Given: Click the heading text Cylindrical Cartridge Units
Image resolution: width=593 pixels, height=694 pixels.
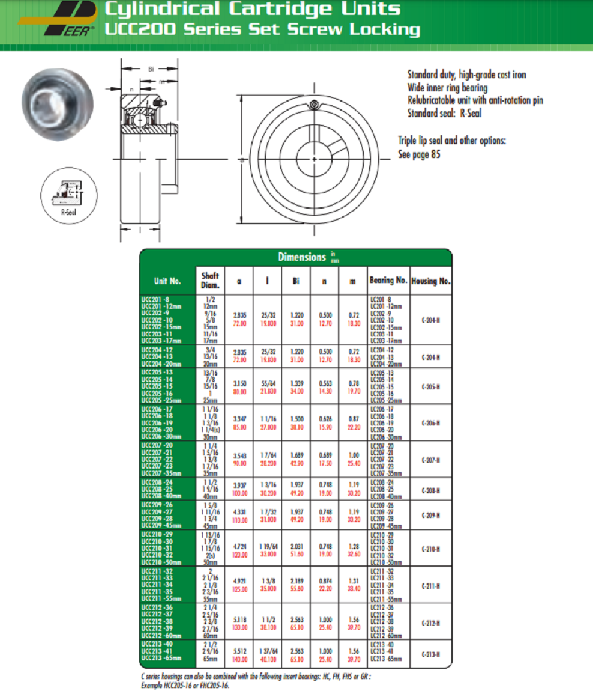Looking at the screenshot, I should point(252,9).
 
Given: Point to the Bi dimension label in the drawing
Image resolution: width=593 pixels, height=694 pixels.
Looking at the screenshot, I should point(151,69).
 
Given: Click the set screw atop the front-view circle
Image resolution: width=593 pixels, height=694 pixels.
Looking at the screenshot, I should point(314,106).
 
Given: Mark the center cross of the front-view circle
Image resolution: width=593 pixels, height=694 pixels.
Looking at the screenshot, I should point(315,159).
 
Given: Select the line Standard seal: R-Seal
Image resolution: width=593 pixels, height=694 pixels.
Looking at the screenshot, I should point(444,113).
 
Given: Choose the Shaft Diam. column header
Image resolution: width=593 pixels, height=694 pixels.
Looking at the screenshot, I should point(210,281).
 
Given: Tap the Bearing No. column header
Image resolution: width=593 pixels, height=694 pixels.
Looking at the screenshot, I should point(388,281).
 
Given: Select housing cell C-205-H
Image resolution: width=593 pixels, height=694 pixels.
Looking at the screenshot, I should point(430,387).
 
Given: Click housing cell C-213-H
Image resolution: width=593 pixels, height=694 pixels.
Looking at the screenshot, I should point(430,654).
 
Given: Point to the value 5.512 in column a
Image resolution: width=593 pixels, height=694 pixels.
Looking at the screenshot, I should point(239,651).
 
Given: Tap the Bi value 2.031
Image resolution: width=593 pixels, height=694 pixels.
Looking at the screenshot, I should point(296,546).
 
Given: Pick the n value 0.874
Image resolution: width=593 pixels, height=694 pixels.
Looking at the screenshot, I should point(324,582).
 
